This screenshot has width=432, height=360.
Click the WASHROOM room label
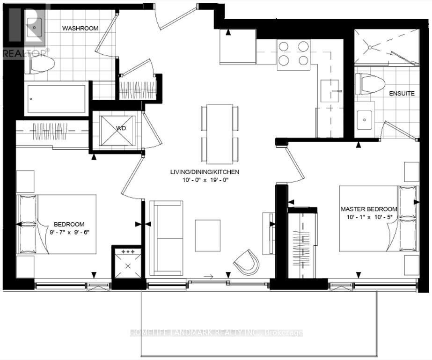point(81,28)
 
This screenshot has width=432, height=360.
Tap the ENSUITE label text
point(402,93)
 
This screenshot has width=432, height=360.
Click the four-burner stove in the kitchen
point(293,53)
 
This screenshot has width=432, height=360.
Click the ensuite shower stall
point(386,47)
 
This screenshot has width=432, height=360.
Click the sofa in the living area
point(166,238)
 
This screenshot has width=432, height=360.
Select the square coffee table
point(207,235)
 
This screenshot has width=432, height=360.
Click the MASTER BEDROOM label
point(369,209)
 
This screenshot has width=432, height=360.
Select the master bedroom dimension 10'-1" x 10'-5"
point(369,217)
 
